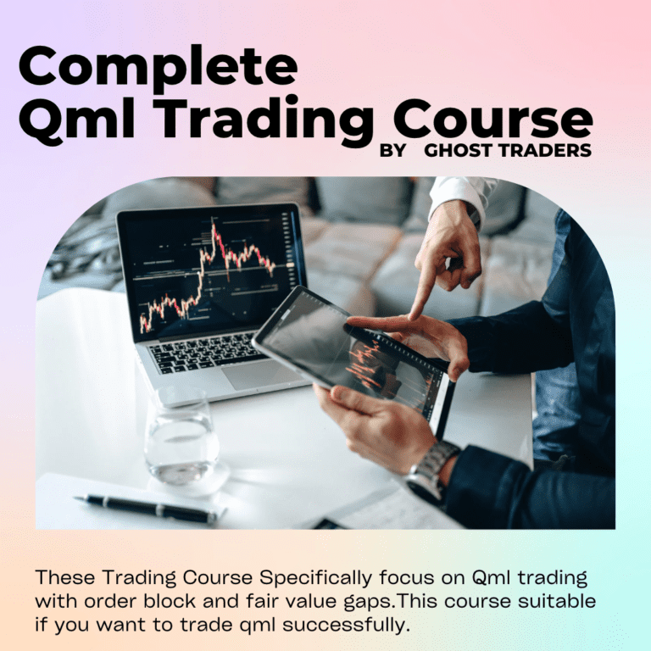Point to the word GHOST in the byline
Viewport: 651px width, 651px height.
pyautogui.click(x=465, y=152)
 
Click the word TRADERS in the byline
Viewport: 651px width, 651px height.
pyautogui.click(x=548, y=152)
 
